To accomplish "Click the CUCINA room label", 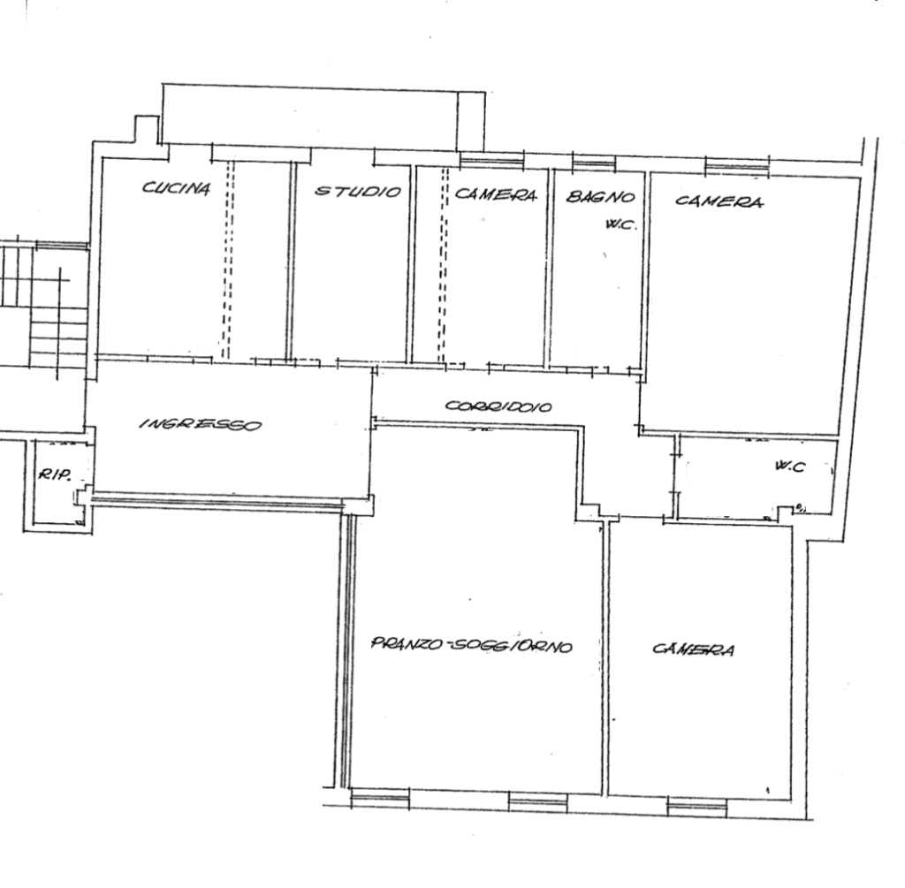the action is point(176,187).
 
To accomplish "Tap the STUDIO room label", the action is point(357,191).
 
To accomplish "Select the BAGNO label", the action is point(600,197).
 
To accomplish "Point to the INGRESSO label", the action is point(201,424).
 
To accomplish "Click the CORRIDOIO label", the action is point(498,406).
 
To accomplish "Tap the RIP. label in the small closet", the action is point(54,475).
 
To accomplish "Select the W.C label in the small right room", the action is point(789,467).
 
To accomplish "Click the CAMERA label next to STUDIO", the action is point(496,194).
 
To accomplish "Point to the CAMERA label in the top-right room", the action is point(719,201).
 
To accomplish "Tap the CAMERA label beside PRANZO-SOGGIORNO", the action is point(694,649).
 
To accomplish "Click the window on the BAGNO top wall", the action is point(594,163).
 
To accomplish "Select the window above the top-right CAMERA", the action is point(738,166).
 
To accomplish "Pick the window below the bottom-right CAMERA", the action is point(697,806).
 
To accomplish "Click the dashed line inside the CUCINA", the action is point(227,260).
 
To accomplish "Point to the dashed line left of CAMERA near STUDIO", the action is point(444,265).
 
